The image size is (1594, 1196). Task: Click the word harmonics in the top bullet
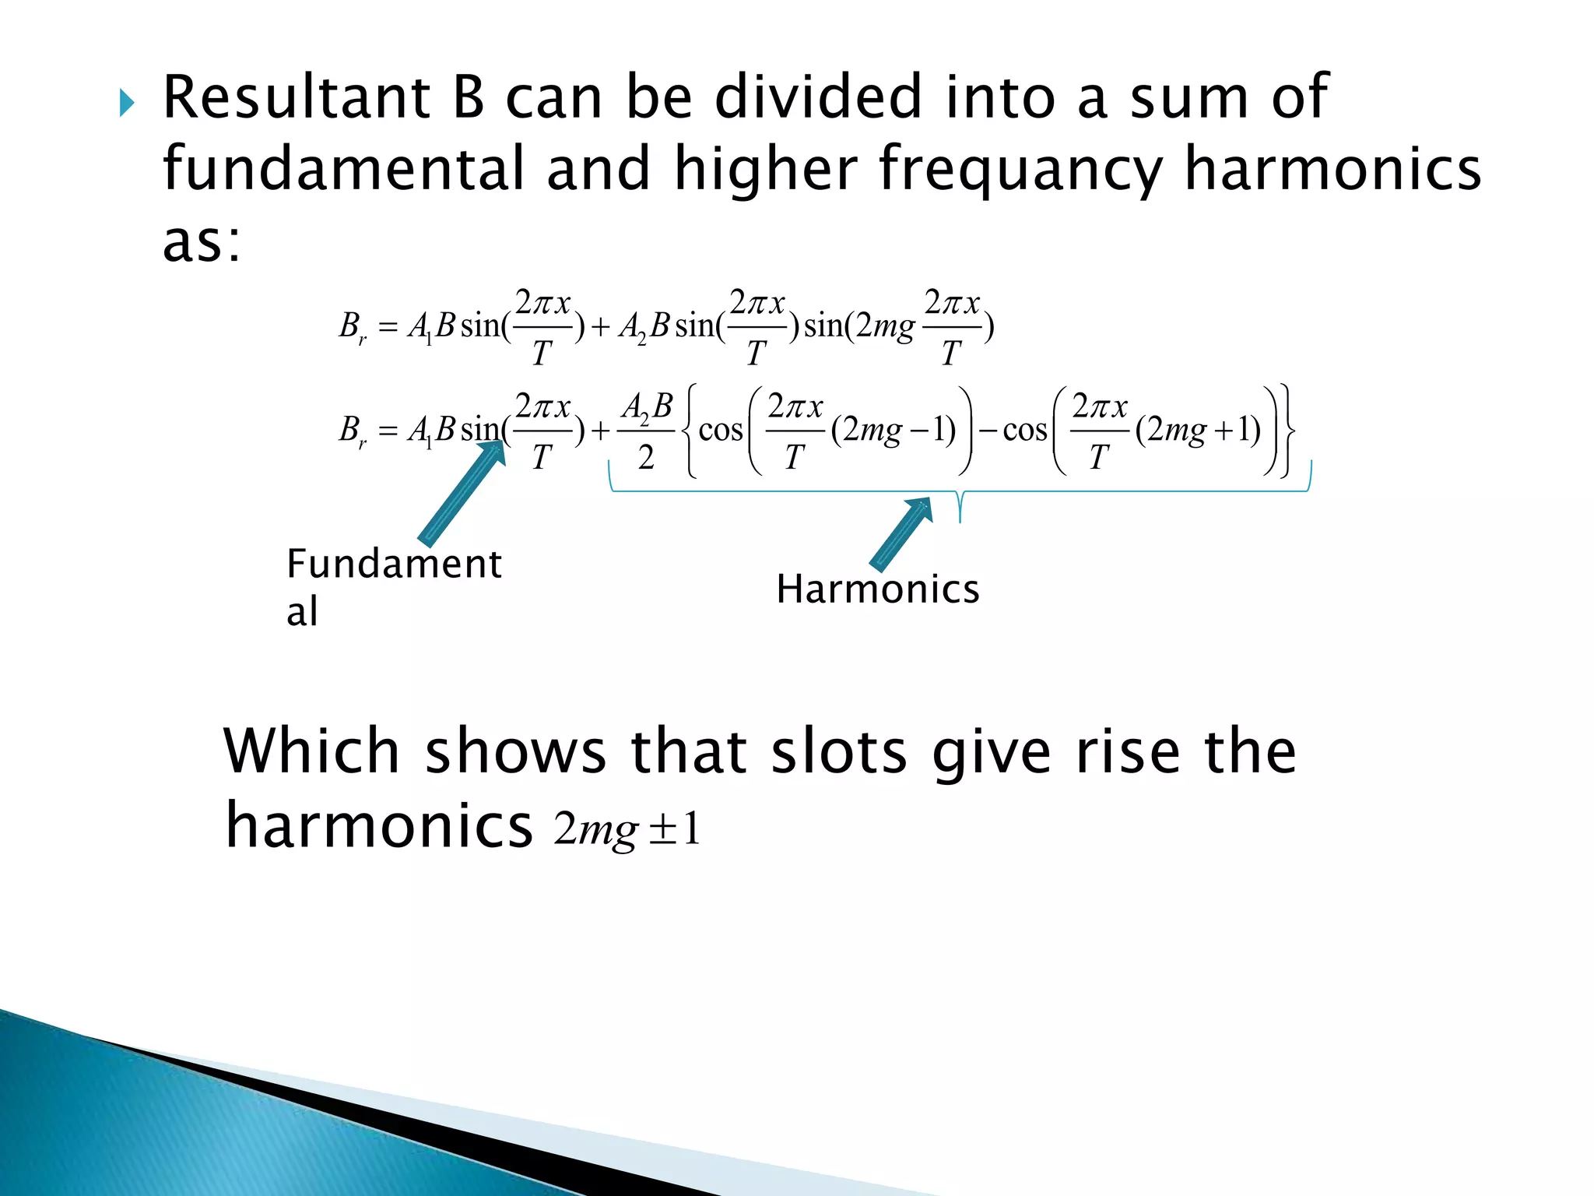point(1332,170)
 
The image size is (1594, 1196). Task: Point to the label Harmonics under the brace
point(877,589)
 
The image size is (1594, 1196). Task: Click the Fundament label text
point(394,564)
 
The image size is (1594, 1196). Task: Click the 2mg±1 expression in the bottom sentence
point(627,829)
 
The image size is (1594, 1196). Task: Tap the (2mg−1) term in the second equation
point(893,430)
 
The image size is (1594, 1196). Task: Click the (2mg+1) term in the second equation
point(1197,430)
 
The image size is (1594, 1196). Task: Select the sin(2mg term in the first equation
point(858,326)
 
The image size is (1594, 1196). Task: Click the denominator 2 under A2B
point(646,459)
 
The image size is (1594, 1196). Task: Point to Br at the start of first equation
point(353,326)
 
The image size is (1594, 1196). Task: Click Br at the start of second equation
point(353,430)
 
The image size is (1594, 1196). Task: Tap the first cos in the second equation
point(721,430)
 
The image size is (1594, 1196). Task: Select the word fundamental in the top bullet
point(343,170)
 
